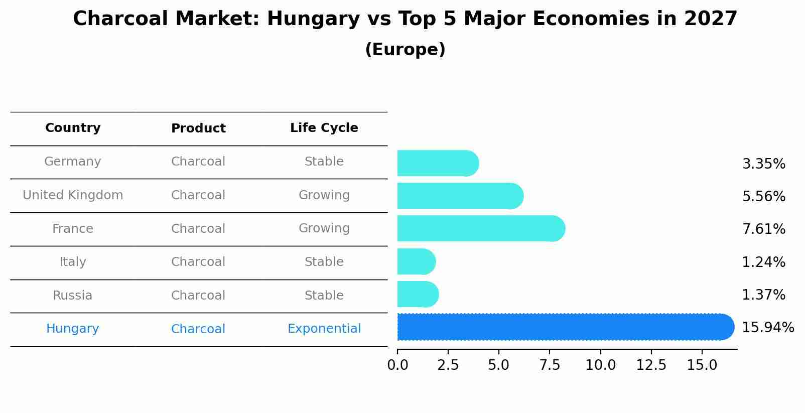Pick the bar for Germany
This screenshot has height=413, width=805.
(x=437, y=163)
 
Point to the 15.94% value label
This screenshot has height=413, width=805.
(x=767, y=328)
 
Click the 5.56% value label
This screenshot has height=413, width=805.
(x=763, y=196)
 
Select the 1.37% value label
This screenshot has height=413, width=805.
(x=763, y=295)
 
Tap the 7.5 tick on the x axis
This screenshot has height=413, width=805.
(x=550, y=365)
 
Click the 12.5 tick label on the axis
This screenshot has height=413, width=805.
(x=651, y=365)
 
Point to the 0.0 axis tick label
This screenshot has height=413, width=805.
(x=397, y=365)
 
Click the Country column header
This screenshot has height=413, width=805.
(x=73, y=128)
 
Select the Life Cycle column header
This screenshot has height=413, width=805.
(x=324, y=128)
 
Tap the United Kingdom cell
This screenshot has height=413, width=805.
(x=73, y=195)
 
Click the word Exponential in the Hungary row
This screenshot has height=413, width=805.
(x=324, y=329)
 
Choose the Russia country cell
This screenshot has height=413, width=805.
(x=73, y=296)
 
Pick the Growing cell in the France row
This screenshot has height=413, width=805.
(x=324, y=228)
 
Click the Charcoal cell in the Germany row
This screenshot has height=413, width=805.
(x=198, y=162)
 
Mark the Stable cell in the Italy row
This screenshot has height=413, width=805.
(x=324, y=262)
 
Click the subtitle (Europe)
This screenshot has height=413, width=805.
(x=405, y=50)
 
